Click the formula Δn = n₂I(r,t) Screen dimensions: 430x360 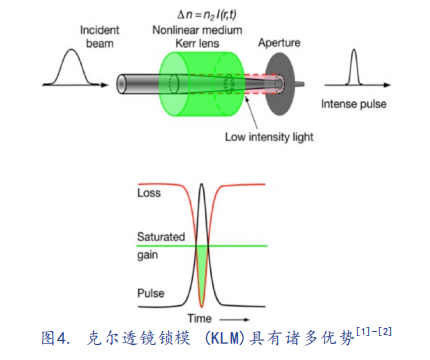[207, 15]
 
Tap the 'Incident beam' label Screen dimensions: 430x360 [99, 37]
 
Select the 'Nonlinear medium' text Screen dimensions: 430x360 [197, 30]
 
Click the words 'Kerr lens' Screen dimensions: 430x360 [197, 43]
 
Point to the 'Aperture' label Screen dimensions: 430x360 [279, 43]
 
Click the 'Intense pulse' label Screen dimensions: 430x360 [354, 104]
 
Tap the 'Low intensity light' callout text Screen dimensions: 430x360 [269, 137]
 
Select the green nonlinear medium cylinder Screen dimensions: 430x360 [202, 84]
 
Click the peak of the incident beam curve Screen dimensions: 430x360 [72, 50]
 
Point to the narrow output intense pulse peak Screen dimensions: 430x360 [354, 50]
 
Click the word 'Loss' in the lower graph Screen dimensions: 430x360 [149, 193]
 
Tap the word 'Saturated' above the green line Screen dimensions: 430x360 [161, 237]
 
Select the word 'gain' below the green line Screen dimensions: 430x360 [147, 256]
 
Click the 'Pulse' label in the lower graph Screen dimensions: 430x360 [151, 293]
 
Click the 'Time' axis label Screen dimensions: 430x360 [199, 318]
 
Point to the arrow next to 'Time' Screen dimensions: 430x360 [234, 320]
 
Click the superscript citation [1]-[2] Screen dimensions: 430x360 [374, 332]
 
